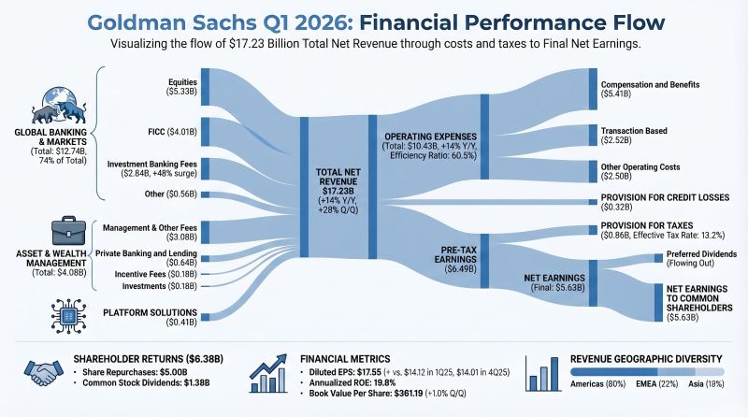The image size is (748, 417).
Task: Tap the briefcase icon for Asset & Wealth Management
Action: (x=56, y=227)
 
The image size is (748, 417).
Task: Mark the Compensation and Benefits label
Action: (x=649, y=89)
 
